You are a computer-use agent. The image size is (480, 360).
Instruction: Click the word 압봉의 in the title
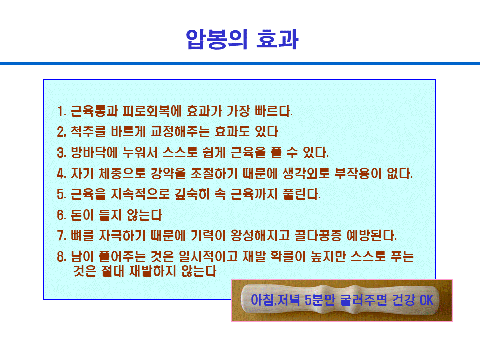(216, 39)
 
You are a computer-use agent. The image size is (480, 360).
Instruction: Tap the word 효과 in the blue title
(277, 39)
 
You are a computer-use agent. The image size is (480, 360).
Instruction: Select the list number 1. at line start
(62, 111)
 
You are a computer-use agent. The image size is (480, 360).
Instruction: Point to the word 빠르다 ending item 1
(273, 111)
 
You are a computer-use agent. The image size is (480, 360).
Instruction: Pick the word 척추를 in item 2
(88, 132)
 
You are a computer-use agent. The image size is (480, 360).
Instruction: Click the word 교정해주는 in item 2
(180, 132)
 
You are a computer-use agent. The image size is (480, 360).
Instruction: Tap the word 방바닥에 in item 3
(94, 153)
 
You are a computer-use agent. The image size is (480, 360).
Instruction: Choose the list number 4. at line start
(62, 174)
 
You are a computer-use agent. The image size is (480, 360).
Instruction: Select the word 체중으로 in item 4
(122, 173)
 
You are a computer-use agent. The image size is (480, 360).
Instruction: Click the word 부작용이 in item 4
(358, 173)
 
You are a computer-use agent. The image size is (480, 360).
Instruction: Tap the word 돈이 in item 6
(82, 215)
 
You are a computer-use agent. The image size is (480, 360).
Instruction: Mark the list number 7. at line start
(62, 236)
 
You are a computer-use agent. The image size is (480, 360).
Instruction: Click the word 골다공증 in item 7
(318, 235)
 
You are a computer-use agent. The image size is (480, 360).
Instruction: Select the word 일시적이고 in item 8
(208, 256)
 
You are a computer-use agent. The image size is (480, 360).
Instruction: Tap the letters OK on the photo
(426, 300)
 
